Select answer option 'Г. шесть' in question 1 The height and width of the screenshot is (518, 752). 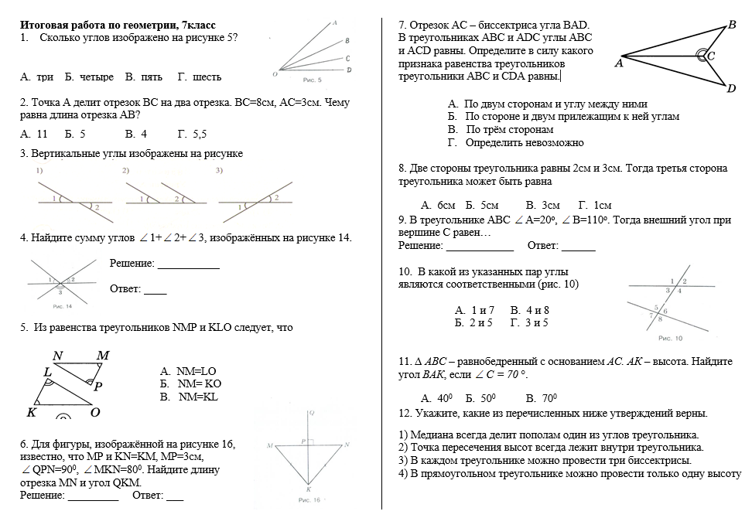click(199, 77)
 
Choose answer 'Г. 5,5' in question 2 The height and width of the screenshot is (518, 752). click(192, 134)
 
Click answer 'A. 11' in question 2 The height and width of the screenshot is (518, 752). click(34, 134)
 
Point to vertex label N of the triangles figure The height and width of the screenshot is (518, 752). click(58, 356)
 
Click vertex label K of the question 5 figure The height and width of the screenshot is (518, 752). click(32, 412)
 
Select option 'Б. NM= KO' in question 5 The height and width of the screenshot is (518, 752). click(190, 383)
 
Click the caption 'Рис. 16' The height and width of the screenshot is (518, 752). click(309, 500)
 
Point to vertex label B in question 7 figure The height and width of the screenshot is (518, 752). click(732, 25)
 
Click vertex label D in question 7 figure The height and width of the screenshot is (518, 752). click(731, 89)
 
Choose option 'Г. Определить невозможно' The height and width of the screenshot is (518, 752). click(516, 143)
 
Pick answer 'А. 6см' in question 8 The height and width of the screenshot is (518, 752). click(437, 206)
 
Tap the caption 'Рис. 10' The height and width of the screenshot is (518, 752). click(670, 338)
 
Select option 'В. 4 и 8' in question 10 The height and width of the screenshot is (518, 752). click(530, 310)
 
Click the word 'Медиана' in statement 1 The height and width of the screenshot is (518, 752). click(432, 435)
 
